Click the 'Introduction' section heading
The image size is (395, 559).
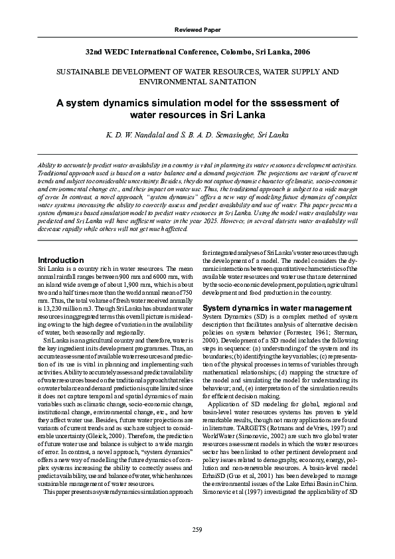[x=61, y=260]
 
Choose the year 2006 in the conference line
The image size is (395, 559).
[x=299, y=51]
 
